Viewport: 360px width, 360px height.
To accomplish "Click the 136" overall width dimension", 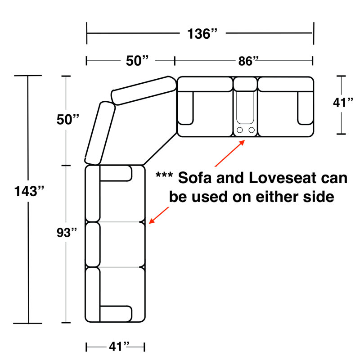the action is point(202,34).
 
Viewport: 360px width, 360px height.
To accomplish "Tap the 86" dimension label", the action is point(248,61).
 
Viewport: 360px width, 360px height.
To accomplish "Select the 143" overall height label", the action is point(29,191).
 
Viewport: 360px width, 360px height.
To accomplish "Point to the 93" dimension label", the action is point(67,232).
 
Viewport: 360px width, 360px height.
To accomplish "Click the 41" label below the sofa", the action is point(119,346).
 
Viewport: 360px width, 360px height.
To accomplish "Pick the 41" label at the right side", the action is point(343,103).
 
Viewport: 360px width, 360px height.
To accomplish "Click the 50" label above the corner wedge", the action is point(137,61).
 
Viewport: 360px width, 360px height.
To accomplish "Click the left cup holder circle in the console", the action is point(240,130).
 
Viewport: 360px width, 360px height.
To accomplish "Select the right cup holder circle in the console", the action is point(252,130).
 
